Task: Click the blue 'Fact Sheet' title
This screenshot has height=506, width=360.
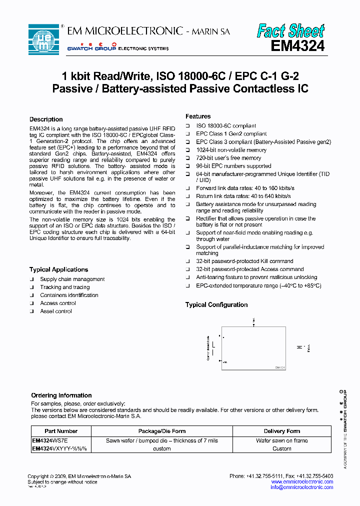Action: click(290, 31)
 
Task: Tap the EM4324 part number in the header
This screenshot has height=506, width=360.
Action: click(297, 46)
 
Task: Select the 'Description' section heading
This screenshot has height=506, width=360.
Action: click(46, 119)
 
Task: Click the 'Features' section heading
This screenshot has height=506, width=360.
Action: click(198, 116)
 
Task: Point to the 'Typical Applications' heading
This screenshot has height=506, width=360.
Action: click(58, 269)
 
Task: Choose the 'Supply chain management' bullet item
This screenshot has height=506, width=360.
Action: click(72, 279)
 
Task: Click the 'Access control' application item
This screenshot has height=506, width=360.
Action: click(58, 303)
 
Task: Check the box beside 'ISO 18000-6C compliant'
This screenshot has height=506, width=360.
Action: click(188, 126)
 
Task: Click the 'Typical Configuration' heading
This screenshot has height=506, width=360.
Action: click(216, 304)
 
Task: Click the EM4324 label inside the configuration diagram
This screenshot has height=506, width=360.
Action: click(280, 367)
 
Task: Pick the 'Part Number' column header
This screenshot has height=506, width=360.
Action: click(61, 431)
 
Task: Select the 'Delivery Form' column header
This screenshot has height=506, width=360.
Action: click(282, 431)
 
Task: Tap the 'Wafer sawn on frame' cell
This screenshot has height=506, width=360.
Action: click(282, 440)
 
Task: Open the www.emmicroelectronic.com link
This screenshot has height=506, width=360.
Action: click(302, 482)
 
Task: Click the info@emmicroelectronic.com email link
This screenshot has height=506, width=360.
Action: click(301, 487)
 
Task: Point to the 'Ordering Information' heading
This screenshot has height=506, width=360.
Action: click(61, 395)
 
